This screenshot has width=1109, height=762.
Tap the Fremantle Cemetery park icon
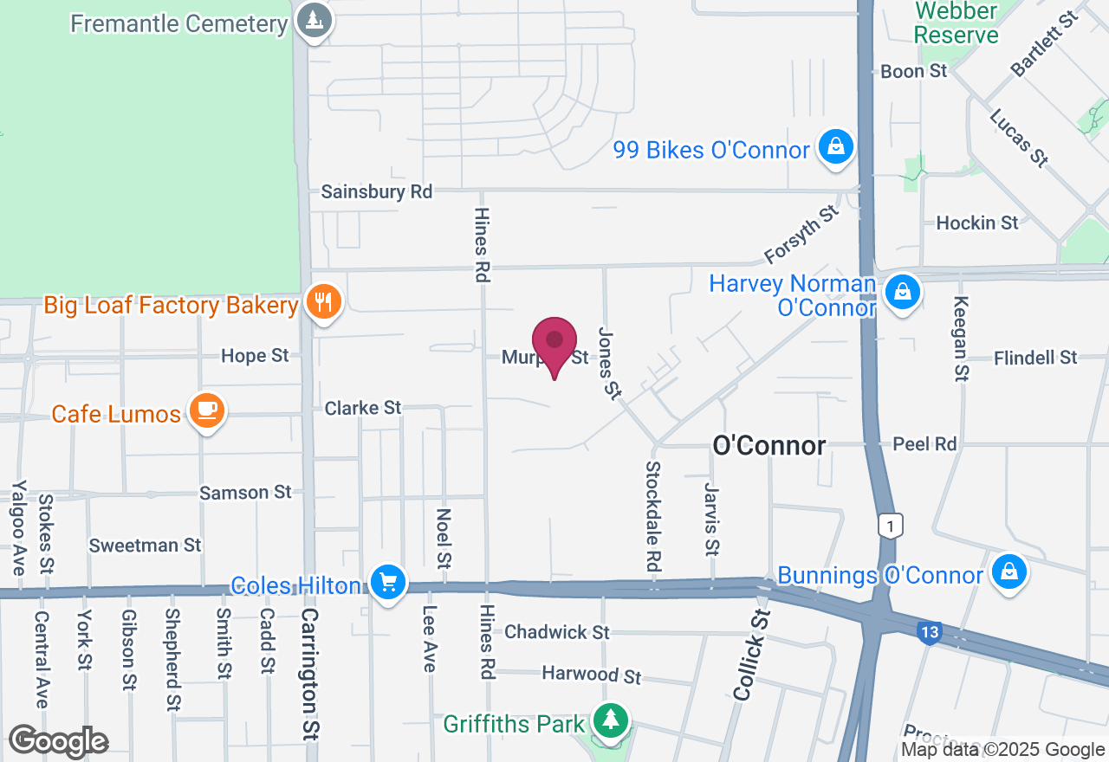pyautogui.click(x=314, y=20)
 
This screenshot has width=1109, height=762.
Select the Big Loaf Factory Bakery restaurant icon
pyautogui.click(x=324, y=302)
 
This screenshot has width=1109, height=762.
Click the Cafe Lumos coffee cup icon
pyautogui.click(x=206, y=410)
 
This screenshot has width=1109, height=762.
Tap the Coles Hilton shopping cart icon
pyautogui.click(x=387, y=581)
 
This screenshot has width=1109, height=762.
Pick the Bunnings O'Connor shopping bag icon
pyautogui.click(x=1008, y=571)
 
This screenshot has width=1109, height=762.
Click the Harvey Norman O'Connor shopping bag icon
pyautogui.click(x=902, y=292)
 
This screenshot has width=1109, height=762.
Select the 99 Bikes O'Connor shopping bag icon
pyautogui.click(x=836, y=146)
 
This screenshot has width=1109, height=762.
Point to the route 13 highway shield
pyautogui.click(x=930, y=633)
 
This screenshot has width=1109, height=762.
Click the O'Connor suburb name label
pyautogui.click(x=769, y=446)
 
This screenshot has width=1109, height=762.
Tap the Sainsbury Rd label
pyautogui.click(x=376, y=191)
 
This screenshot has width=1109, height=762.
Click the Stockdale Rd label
pyautogui.click(x=654, y=515)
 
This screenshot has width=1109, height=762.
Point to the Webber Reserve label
pyautogui.click(x=957, y=23)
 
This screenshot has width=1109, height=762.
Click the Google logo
pyautogui.click(x=58, y=742)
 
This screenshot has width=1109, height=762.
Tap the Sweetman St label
pyautogui.click(x=146, y=546)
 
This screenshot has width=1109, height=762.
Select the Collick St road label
pyautogui.click(x=751, y=655)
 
